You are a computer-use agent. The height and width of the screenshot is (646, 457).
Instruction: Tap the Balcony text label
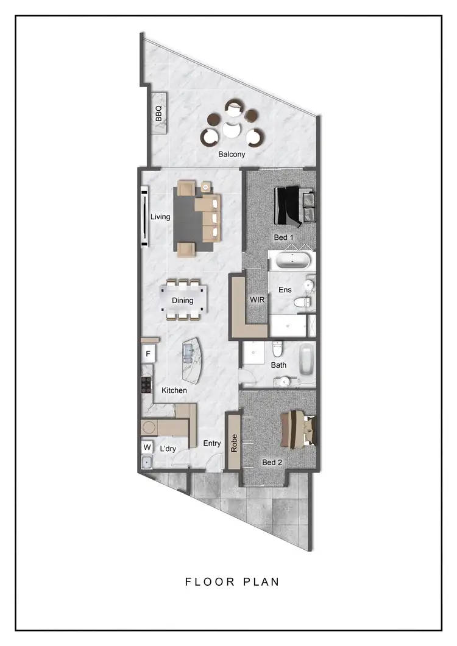[232, 154]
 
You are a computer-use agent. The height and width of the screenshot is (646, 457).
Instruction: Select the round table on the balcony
[231, 129]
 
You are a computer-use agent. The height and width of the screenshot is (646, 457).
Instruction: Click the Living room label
[160, 217]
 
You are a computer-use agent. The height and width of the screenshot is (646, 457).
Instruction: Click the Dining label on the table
[182, 300]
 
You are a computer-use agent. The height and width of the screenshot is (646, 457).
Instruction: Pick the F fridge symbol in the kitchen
[148, 354]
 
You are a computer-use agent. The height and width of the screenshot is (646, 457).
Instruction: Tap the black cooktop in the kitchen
[146, 384]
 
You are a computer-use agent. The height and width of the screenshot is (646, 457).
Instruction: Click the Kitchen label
[174, 390]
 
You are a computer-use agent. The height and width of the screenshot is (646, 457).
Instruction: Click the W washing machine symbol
[147, 447]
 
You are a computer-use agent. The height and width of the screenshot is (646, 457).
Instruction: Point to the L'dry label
[168, 449]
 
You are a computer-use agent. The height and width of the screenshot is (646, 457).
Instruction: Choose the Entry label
[212, 443]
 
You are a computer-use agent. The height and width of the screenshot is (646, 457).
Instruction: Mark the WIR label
[256, 300]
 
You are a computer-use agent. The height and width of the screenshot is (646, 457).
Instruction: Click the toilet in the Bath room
[277, 349]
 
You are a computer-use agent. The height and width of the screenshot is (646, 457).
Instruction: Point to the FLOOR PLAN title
[232, 581]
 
